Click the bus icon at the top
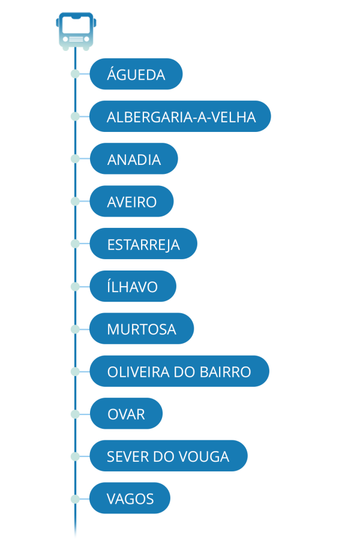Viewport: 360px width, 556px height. pyautogui.click(x=76, y=30)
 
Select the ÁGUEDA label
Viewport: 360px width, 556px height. pyautogui.click(x=136, y=74)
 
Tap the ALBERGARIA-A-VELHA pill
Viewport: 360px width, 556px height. pyautogui.click(x=181, y=117)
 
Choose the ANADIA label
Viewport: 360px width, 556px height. pyautogui.click(x=134, y=160)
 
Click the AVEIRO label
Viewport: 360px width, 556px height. pyautogui.click(x=131, y=202)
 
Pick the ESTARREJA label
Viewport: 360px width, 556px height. pyautogui.click(x=143, y=244)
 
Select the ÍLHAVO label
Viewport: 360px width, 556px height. pyautogui.click(x=133, y=287)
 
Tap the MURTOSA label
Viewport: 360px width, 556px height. pyautogui.click(x=142, y=329)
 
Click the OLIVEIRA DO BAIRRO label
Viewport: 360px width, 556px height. pyautogui.click(x=179, y=372)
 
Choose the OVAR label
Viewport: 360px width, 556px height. pyautogui.click(x=126, y=414)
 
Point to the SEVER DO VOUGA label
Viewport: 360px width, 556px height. pyautogui.click(x=168, y=456)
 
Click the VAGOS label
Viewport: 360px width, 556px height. pyautogui.click(x=130, y=498)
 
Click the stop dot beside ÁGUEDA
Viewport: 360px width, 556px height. pyautogui.click(x=75, y=74)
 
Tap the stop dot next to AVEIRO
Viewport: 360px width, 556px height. pyautogui.click(x=75, y=202)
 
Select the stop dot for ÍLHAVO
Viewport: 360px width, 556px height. pyautogui.click(x=75, y=287)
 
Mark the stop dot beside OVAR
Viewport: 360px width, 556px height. pyautogui.click(x=75, y=414)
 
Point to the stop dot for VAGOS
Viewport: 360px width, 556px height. pyautogui.click(x=75, y=498)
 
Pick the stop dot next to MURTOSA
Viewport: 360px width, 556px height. pyautogui.click(x=75, y=329)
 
